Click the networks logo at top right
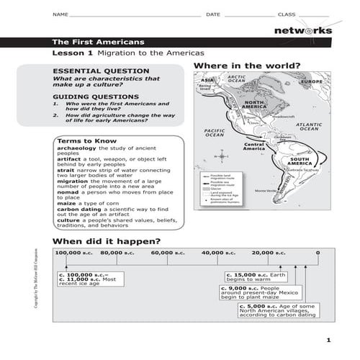point(303,30)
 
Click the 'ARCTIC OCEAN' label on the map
point(236,79)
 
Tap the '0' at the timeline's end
point(318,253)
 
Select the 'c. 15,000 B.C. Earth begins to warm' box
point(256,278)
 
